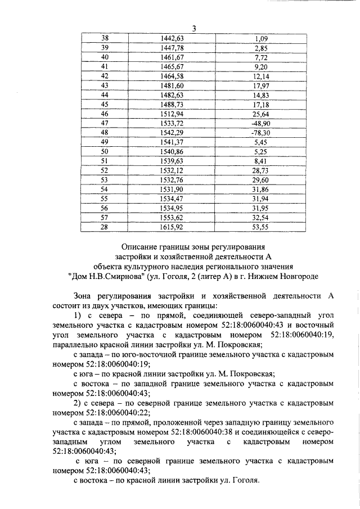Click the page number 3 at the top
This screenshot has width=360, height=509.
[x=193, y=29]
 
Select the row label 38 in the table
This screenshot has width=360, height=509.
[x=104, y=38]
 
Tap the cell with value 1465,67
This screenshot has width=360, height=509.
[x=172, y=66]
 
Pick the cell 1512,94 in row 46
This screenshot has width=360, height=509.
[x=172, y=114]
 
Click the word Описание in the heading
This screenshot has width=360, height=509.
[x=139, y=246]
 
